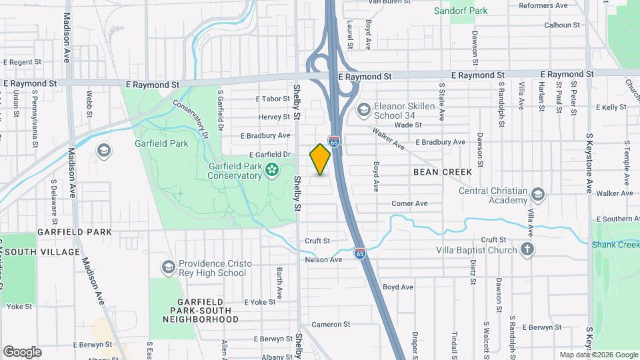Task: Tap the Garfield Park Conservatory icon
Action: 272,171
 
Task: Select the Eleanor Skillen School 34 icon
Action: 363,109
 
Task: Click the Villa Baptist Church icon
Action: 527,250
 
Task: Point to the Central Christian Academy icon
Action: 538,195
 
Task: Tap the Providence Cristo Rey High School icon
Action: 169,268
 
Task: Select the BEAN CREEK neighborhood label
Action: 443,172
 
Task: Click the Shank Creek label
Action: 616,245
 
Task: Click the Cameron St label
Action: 331,324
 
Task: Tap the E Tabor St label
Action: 273,99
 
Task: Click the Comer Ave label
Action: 409,203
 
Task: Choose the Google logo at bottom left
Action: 22,351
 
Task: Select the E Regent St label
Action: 22,61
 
